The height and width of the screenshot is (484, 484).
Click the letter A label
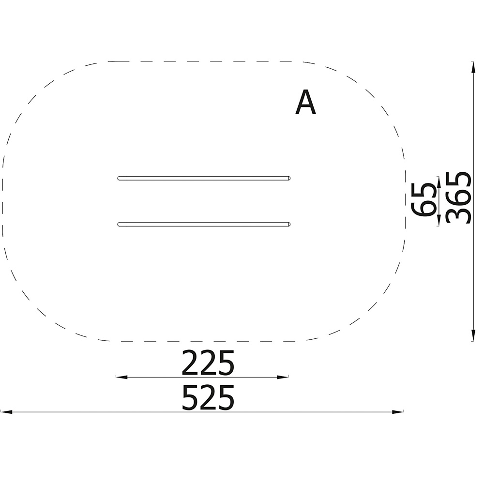[305, 103]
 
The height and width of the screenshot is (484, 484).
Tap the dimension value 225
[208, 363]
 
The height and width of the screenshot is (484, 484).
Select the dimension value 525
[208, 397]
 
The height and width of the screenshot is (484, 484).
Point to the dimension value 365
[459, 197]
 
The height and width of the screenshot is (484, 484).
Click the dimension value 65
[424, 199]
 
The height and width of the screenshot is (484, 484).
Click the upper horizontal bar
[204, 178]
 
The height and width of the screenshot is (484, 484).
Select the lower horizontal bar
[204, 225]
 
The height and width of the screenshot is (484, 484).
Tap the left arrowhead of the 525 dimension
[6, 412]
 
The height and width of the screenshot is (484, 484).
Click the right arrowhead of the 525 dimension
[398, 412]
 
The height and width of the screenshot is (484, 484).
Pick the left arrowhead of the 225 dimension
[121, 377]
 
